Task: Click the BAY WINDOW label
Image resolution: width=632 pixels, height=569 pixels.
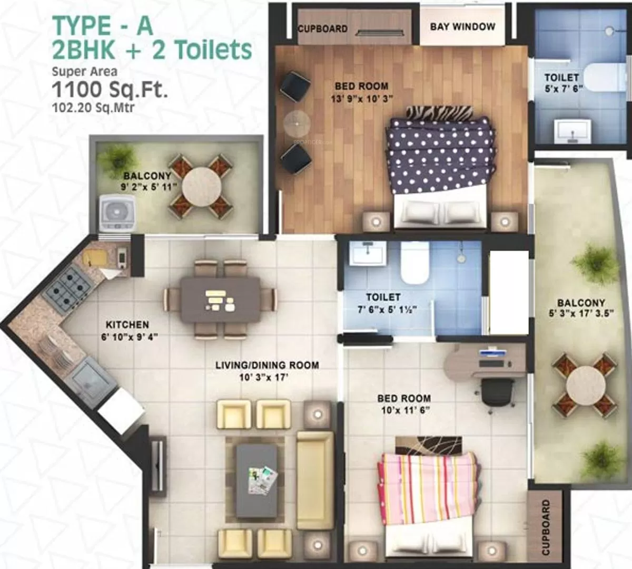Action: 462,27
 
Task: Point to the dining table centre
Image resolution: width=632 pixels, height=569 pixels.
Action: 220,300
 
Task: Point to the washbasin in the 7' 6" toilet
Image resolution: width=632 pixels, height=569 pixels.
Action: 368,254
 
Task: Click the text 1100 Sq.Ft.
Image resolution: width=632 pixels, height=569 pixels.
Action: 110,89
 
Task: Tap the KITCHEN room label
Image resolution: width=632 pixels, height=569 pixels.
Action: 127,324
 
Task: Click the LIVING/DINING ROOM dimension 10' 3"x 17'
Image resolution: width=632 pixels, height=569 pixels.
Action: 264,377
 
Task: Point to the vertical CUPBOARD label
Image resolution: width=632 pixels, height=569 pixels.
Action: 546,527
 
